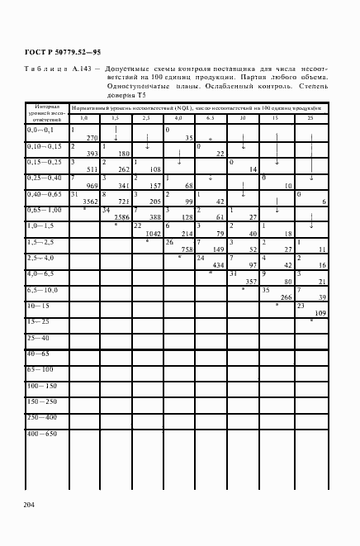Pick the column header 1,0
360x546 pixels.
coord(83,118)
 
